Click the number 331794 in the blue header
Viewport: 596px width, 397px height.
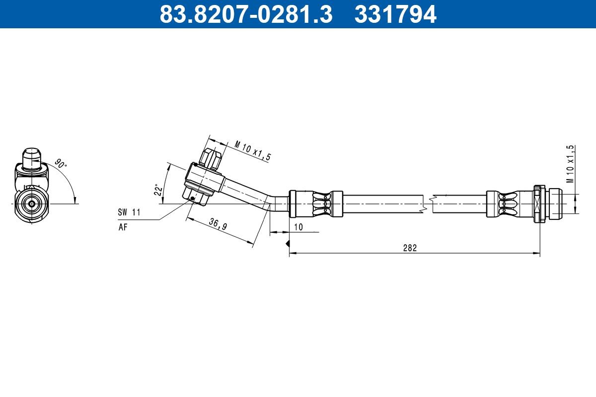[x=395, y=14]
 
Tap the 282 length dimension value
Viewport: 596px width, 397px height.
[x=409, y=248]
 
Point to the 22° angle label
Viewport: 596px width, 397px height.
[x=158, y=190]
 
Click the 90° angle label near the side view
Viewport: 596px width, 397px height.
[x=60, y=164]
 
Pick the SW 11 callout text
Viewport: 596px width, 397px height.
[x=129, y=212]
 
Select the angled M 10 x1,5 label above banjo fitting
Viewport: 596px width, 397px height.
[x=253, y=151]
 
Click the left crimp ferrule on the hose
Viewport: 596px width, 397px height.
[x=316, y=203]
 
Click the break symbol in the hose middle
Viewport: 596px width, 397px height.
[x=428, y=203]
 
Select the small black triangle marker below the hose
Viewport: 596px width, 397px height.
[x=287, y=244]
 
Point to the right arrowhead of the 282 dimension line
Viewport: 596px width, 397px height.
[x=538, y=254]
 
